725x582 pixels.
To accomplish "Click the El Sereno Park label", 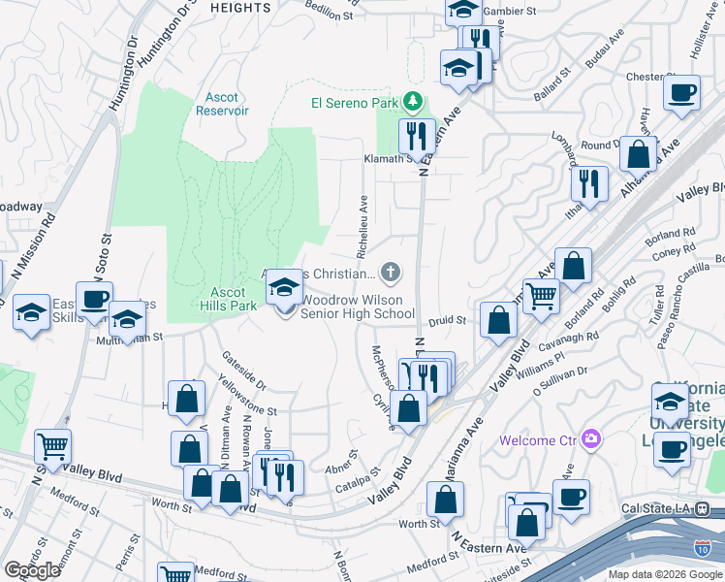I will click(356, 102).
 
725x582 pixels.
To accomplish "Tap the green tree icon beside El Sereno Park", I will click(413, 101).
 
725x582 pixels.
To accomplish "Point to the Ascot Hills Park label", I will click(235, 299).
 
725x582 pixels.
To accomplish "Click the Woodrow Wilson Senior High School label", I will click(358, 307).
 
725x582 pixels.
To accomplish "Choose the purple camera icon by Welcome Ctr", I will click(589, 440).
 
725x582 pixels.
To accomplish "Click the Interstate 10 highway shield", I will click(701, 548).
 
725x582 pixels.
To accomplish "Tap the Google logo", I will click(32, 570).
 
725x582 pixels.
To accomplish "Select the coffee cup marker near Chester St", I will click(681, 93).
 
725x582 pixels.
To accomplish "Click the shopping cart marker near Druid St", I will click(541, 297).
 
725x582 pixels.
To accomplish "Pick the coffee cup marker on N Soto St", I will click(95, 299).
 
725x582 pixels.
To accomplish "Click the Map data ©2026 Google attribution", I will click(665, 574).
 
